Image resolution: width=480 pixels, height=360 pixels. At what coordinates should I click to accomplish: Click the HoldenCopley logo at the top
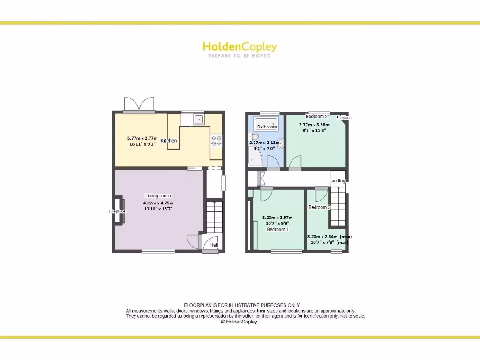click(240, 47)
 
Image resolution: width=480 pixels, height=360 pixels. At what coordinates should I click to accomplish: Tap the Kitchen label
click(169, 141)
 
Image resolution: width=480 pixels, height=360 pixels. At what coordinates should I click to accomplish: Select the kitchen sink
click(199, 120)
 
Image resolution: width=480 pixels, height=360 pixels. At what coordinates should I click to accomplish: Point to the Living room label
click(158, 196)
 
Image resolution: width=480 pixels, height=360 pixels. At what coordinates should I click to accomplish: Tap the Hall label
click(214, 245)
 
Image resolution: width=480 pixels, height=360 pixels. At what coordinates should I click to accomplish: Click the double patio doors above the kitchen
click(139, 104)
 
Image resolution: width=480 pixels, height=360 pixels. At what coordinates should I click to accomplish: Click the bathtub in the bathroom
click(266, 125)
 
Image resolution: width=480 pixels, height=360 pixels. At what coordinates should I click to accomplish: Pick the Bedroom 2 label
click(316, 117)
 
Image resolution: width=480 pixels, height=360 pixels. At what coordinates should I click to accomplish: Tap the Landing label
click(337, 180)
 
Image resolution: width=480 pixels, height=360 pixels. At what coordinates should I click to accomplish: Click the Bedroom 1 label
click(277, 230)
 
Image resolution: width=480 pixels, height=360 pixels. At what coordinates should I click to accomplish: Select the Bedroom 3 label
click(319, 207)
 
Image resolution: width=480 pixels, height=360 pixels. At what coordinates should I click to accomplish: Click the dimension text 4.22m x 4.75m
click(158, 203)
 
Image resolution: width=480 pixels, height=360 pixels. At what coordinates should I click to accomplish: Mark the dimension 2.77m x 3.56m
click(314, 125)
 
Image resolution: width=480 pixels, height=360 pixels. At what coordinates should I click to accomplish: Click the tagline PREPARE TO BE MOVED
click(240, 56)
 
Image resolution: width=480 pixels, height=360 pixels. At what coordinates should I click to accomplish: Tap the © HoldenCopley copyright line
click(239, 322)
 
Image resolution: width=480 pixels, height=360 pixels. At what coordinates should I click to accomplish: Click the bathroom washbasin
click(280, 143)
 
